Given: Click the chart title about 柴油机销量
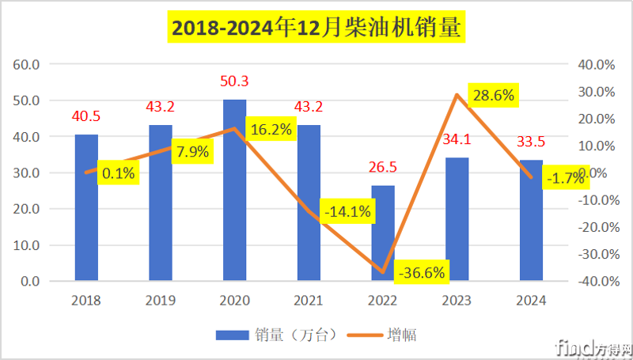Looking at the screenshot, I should tap(316, 28).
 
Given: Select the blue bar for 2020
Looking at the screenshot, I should tap(234, 190).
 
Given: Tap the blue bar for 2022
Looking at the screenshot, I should tap(383, 233).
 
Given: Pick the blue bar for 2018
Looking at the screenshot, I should tap(86, 207).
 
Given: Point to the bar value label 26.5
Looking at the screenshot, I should tap(383, 168).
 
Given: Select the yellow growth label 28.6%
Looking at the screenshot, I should tap(492, 97).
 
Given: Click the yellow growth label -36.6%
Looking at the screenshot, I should tap(422, 274).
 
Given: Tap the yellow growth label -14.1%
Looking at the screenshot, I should tap(347, 212).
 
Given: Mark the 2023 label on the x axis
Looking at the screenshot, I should tap(457, 301).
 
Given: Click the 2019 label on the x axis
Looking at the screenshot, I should tap(160, 301).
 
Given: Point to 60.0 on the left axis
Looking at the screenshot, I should tap(29, 64).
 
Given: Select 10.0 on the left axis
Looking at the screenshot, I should tap(29, 245).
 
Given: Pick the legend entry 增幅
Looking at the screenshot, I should tap(388, 335).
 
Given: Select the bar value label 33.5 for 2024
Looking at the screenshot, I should tap(532, 142).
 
